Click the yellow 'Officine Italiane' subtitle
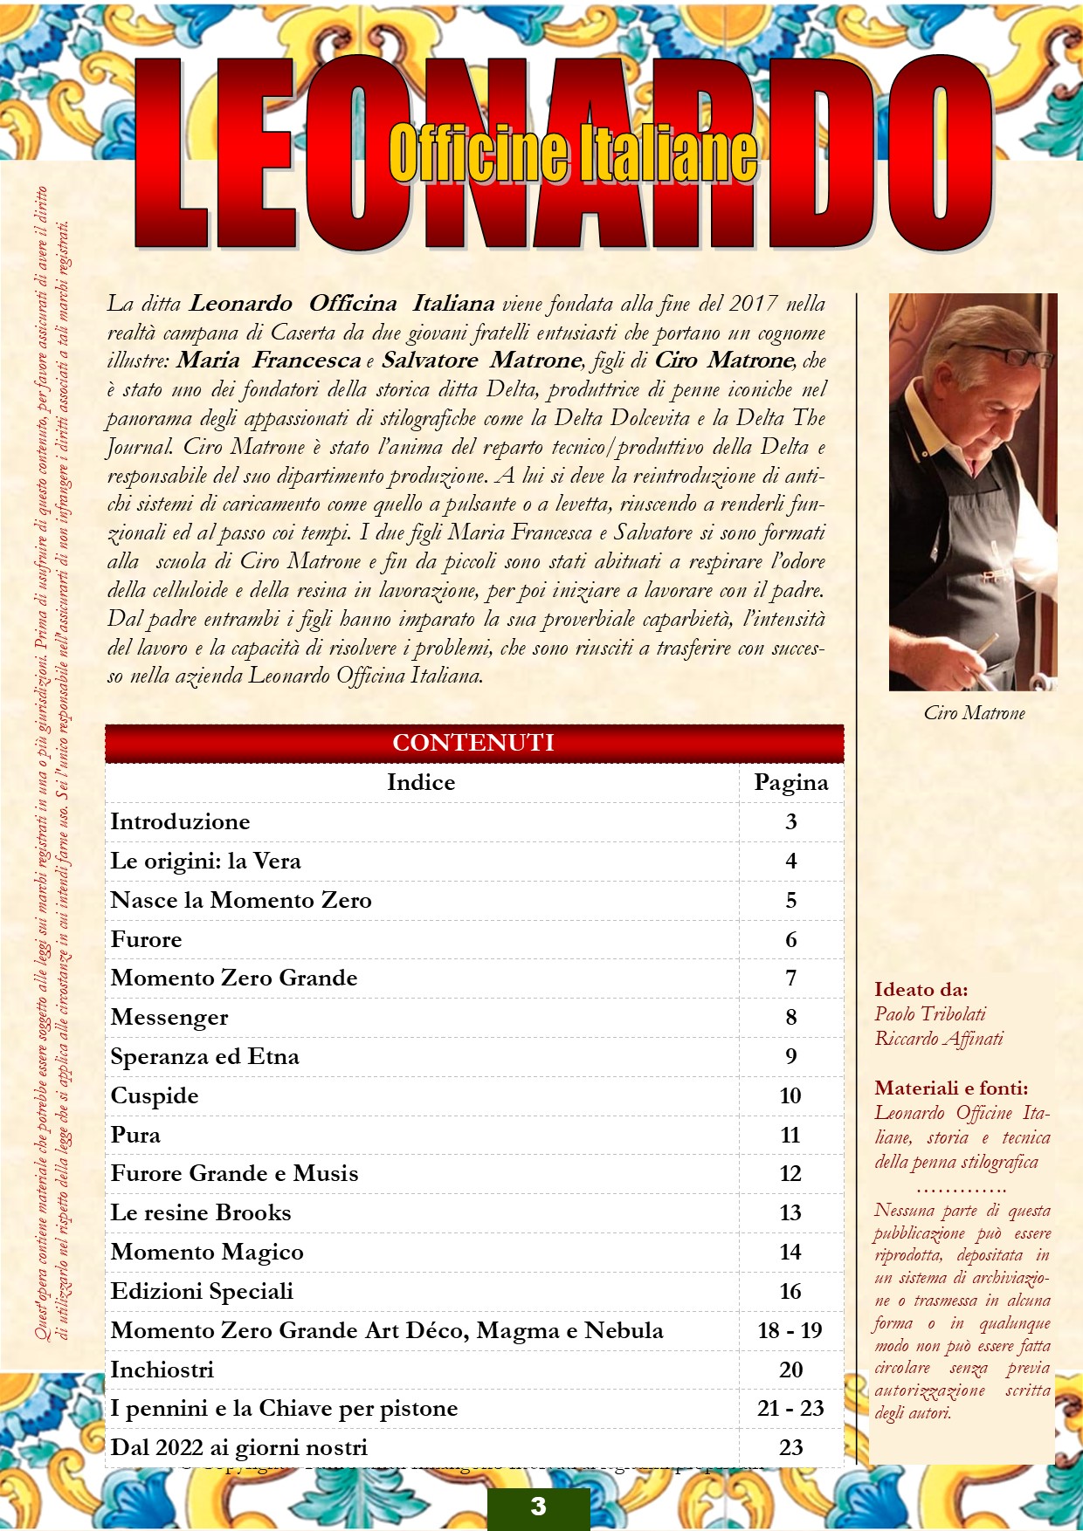[572, 153]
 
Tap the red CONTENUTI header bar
[473, 743]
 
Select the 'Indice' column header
[421, 782]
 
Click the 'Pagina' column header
[790, 782]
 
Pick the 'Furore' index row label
[147, 939]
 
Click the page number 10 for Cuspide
[790, 1095]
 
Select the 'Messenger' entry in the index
[169, 1017]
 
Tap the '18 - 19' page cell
[790, 1330]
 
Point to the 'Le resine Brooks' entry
[201, 1212]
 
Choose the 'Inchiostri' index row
[162, 1370]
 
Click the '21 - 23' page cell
[790, 1408]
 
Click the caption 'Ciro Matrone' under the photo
[974, 713]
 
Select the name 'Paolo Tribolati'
[930, 1014]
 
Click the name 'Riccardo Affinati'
[939, 1039]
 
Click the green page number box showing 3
[538, 1507]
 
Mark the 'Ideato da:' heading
[921, 990]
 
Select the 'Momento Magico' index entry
[207, 1252]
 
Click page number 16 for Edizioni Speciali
[790, 1291]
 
